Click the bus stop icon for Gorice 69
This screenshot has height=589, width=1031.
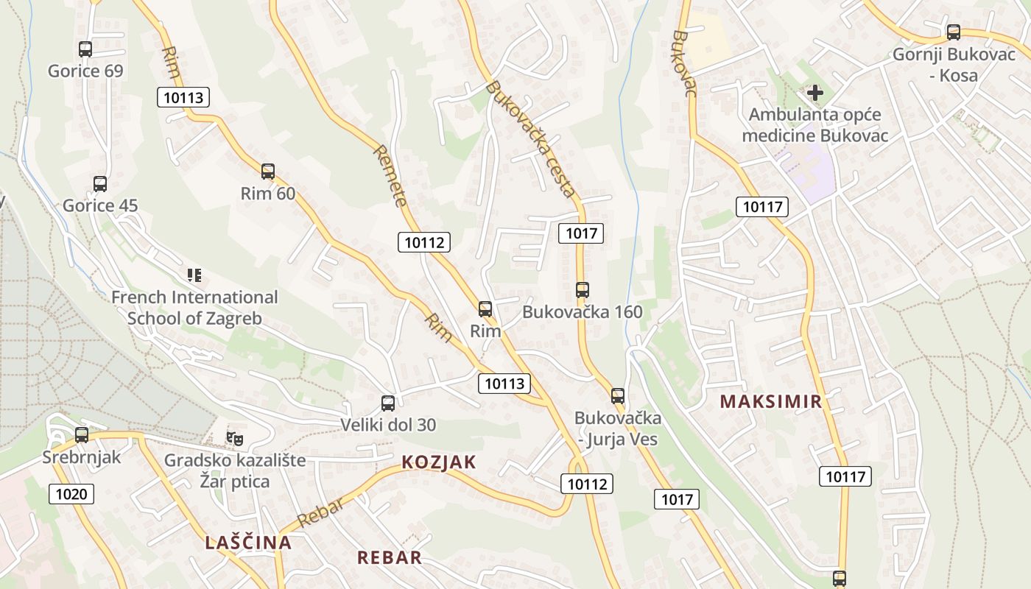85,49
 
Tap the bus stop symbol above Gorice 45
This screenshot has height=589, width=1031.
100,184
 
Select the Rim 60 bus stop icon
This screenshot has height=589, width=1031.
268,172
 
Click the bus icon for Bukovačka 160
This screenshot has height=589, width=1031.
583,290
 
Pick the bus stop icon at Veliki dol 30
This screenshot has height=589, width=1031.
388,403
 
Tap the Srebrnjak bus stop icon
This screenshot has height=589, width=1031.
82,435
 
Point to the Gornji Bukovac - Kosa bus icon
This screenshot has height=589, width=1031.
954,32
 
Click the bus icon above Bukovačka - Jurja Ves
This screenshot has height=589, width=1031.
618,396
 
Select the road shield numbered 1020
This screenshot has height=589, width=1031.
72,494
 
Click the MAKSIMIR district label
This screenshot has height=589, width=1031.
771,402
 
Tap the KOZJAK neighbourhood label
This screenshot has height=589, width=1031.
439,462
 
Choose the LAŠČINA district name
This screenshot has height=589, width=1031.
248,543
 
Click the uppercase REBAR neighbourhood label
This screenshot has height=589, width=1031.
390,557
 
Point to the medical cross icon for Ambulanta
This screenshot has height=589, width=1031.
815,93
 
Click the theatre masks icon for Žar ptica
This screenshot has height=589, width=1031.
235,439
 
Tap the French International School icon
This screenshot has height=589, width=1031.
194,276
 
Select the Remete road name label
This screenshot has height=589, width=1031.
390,176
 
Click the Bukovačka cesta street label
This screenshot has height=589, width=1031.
530,138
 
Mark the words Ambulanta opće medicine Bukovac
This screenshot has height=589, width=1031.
815,125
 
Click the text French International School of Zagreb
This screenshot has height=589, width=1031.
194,308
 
